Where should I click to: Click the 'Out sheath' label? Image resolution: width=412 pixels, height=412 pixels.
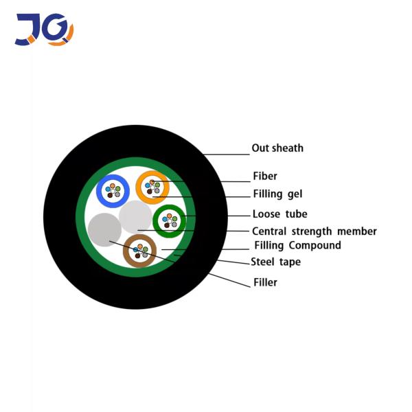(277, 148)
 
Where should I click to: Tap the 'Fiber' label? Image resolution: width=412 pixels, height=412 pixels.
(265, 176)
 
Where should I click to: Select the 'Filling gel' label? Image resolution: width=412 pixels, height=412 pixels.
(277, 194)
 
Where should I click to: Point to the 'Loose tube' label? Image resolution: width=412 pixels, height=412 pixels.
(279, 214)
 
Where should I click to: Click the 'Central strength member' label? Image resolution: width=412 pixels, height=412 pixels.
(314, 231)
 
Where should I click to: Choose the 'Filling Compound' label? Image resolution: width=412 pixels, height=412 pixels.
(297, 245)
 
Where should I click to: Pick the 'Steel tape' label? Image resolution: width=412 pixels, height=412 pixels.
(275, 262)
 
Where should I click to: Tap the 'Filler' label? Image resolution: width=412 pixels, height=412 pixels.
(265, 282)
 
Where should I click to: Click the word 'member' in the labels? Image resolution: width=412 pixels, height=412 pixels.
(358, 231)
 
